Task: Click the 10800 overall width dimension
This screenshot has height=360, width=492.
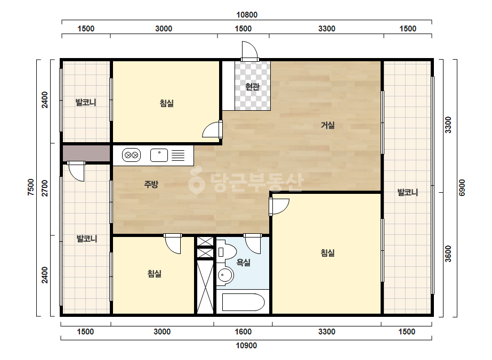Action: coord(247,15)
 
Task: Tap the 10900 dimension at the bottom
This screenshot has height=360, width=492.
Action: coord(246,346)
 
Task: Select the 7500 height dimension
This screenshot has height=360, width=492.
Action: coord(31,187)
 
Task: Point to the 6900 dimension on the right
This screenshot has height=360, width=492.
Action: coord(462,188)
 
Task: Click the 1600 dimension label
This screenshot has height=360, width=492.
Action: coord(243,332)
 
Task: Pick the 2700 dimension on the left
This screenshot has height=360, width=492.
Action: coord(45,188)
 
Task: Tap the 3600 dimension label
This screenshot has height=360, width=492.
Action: coord(448,253)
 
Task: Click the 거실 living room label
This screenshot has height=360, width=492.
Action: coord(328,126)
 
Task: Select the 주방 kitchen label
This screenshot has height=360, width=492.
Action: coord(151,184)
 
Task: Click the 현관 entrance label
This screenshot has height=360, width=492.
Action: coord(253,87)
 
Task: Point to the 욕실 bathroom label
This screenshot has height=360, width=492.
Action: coord(244,262)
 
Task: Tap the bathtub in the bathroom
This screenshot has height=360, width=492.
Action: coord(243,302)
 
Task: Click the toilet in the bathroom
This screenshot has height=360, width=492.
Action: coord(226,251)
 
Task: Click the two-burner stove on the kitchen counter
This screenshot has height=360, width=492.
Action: coord(131,155)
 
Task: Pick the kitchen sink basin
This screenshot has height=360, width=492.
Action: coord(159,155)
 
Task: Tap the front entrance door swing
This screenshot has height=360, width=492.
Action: coord(250,50)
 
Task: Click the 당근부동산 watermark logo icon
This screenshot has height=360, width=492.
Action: coord(196,181)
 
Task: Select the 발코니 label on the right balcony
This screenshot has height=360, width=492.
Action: coord(408,192)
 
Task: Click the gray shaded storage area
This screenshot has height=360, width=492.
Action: coord(86,153)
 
